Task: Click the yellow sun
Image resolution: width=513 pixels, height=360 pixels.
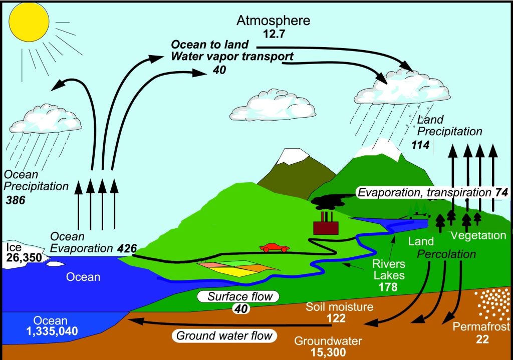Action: [x=29, y=22]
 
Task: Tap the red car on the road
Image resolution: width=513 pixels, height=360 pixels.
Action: [x=275, y=248]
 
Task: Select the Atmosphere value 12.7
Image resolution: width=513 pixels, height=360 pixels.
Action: [x=274, y=34]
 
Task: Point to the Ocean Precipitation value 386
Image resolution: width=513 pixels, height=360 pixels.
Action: [x=16, y=200]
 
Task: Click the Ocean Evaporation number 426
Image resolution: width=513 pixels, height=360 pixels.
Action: [x=127, y=248]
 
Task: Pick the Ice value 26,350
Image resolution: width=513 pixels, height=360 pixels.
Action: [x=24, y=258]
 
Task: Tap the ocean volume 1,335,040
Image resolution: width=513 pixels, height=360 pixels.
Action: [x=52, y=331]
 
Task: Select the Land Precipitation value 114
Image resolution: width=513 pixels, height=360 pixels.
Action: [x=420, y=145]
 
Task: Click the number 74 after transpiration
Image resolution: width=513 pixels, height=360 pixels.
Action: [x=501, y=193]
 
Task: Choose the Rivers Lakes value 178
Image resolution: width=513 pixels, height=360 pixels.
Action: [x=388, y=287]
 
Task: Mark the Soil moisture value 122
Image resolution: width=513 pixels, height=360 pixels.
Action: [x=336, y=318]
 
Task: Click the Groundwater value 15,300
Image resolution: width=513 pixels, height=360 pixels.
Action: [x=328, y=352]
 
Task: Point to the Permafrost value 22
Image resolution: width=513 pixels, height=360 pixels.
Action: [x=482, y=339]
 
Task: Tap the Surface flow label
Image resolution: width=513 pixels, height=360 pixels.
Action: [x=240, y=296]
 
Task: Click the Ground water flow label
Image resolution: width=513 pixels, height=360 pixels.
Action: [x=224, y=335]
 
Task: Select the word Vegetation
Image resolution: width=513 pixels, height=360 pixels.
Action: [x=478, y=235]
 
